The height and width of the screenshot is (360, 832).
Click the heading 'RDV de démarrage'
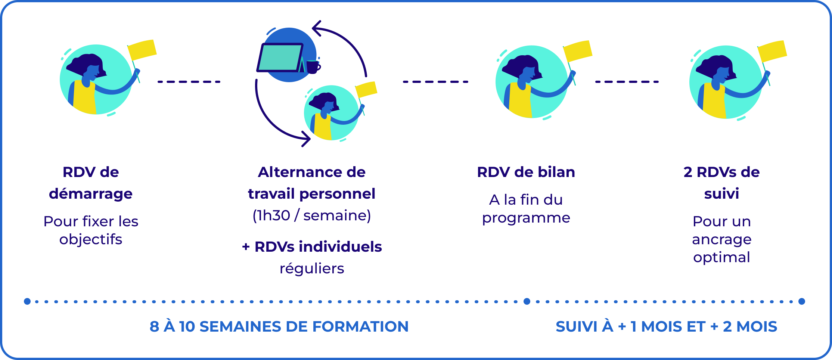[x=91, y=183]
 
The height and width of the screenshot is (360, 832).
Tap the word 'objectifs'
[x=91, y=239]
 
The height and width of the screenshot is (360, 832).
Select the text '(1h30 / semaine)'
[x=312, y=215]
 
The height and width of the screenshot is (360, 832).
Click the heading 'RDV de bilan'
[x=526, y=172]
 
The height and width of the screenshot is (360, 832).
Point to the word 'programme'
[x=526, y=218]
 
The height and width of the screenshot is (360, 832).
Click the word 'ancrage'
[x=721, y=239]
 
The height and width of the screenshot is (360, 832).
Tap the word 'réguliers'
[x=312, y=269]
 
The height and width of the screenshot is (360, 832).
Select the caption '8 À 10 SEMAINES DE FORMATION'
[x=279, y=326]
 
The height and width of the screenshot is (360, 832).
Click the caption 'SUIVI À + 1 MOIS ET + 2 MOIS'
[x=666, y=326]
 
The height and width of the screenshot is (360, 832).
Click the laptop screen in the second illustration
[x=280, y=57]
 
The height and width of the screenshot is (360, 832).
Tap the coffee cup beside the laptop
[x=313, y=67]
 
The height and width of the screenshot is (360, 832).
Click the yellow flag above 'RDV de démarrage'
[x=142, y=50]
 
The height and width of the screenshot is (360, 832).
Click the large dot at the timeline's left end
[x=27, y=301]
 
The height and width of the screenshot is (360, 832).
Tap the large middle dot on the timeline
[x=527, y=301]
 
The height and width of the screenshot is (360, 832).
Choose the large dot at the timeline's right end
[x=802, y=301]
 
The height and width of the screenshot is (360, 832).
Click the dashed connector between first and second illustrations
[x=189, y=81]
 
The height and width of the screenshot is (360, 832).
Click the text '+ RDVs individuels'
[x=312, y=247]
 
